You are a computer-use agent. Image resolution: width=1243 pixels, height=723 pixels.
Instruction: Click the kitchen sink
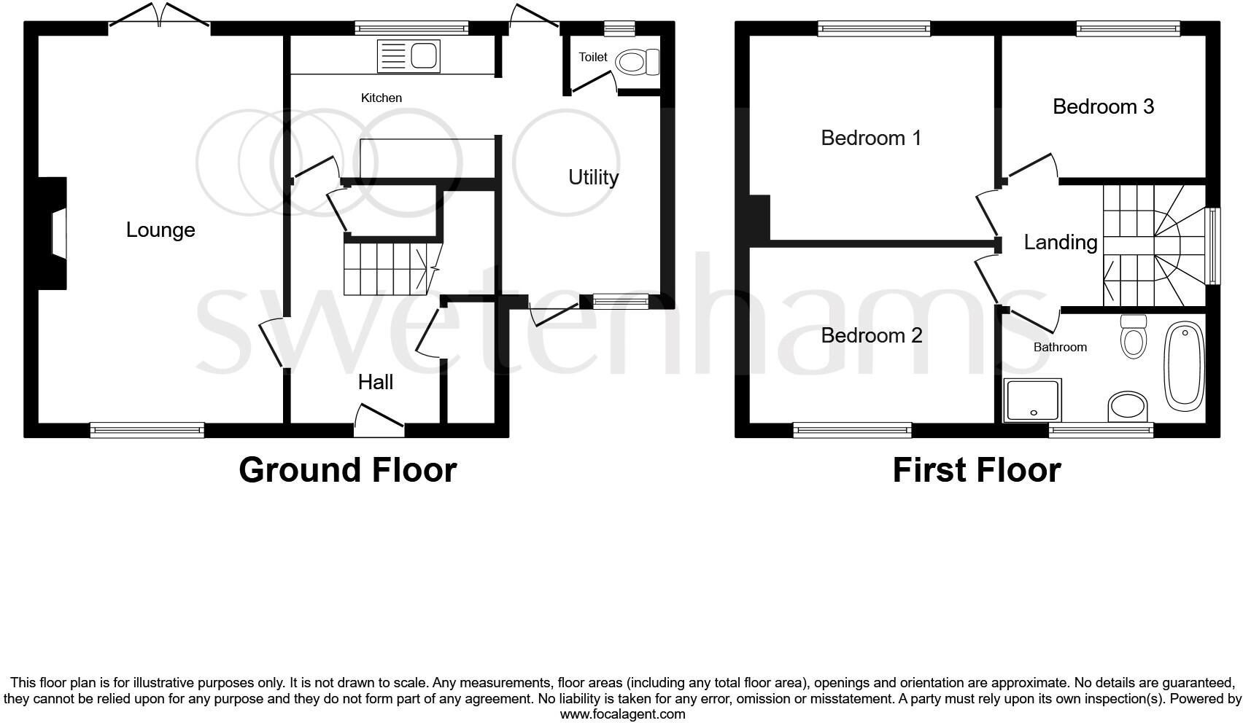point(409,56)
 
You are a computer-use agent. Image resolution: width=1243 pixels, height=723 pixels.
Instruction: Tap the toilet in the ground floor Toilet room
point(636,62)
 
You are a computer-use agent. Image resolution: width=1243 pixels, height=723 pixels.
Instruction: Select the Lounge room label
point(160,230)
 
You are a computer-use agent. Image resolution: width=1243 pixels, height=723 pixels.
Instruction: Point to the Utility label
point(593,177)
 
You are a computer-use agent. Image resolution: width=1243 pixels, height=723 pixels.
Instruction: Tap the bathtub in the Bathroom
point(1184,365)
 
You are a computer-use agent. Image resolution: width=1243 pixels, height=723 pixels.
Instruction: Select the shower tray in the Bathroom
point(1033,400)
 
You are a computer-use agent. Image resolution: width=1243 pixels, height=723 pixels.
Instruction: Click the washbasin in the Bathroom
point(1127,406)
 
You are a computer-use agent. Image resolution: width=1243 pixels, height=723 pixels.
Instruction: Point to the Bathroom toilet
point(1133,337)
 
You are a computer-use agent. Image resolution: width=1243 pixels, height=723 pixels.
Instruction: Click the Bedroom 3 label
point(1103,107)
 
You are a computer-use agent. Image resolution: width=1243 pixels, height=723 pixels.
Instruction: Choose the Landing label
point(1060,242)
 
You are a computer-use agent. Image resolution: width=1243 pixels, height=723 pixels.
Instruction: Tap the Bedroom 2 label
point(871,335)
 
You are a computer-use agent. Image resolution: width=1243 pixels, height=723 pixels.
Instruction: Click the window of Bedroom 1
point(874,28)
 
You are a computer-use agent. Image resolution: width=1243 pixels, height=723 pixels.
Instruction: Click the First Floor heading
point(976,470)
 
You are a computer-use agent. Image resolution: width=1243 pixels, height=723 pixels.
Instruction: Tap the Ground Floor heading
point(347,470)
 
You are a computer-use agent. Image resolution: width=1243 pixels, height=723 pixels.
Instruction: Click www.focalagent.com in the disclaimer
point(622,714)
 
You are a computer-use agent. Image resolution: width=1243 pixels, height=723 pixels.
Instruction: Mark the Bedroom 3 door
point(1030,167)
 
